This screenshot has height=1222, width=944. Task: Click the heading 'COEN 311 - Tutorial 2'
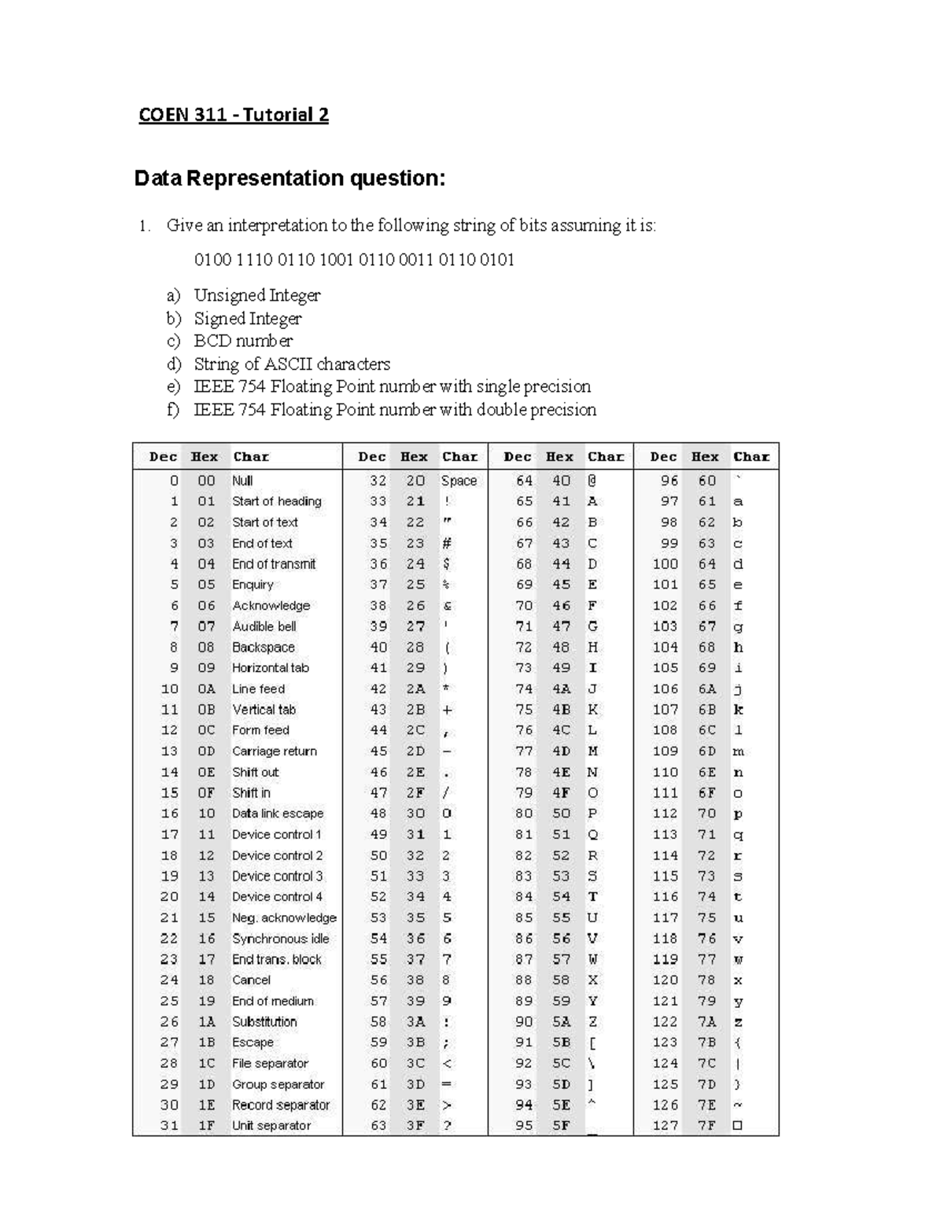pos(234,115)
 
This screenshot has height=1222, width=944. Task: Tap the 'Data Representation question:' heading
pos(289,179)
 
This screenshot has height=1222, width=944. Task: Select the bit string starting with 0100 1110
pos(354,260)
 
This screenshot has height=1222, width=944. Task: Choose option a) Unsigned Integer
pos(256,295)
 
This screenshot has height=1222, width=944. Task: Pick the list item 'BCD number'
pos(243,341)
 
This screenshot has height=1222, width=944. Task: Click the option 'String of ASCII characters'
pos(292,364)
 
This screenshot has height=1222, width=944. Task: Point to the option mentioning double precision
pos(395,409)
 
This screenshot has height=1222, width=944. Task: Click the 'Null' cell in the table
pos(242,481)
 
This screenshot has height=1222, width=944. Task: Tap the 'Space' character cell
pos(459,481)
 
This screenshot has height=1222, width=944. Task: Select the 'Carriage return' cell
pos(274,751)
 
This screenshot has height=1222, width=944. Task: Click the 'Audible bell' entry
pos(264,626)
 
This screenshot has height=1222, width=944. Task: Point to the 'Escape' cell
pos(253,1043)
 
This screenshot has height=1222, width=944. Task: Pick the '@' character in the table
pos(592,481)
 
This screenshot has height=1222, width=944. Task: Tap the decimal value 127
pos(665,1125)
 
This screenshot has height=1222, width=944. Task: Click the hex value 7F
pos(706,1125)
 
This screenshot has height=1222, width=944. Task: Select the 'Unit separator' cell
pos(271,1125)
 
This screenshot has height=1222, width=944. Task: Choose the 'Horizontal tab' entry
pos(271,668)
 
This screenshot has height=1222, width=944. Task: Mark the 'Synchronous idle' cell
pos(280,939)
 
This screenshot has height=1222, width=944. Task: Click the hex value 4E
pos(561,772)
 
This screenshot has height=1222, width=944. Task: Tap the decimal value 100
pos(665,564)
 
